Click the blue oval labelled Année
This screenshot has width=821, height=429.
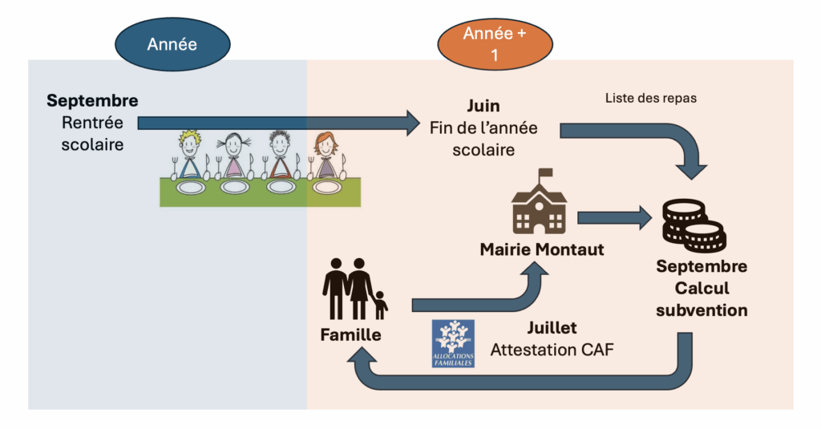pos(172,45)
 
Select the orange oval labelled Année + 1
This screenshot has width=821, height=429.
pos(495,45)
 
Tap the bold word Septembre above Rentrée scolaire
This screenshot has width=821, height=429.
pos(92,101)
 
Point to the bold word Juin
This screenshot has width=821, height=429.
pos(483,107)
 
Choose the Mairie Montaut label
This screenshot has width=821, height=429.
pos(542,250)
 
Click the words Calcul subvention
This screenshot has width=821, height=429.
pos(702,299)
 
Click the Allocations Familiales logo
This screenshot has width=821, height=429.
pos(453,343)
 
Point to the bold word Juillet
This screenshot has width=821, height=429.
pos(552,328)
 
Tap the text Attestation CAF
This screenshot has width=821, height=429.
pos(552,350)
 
